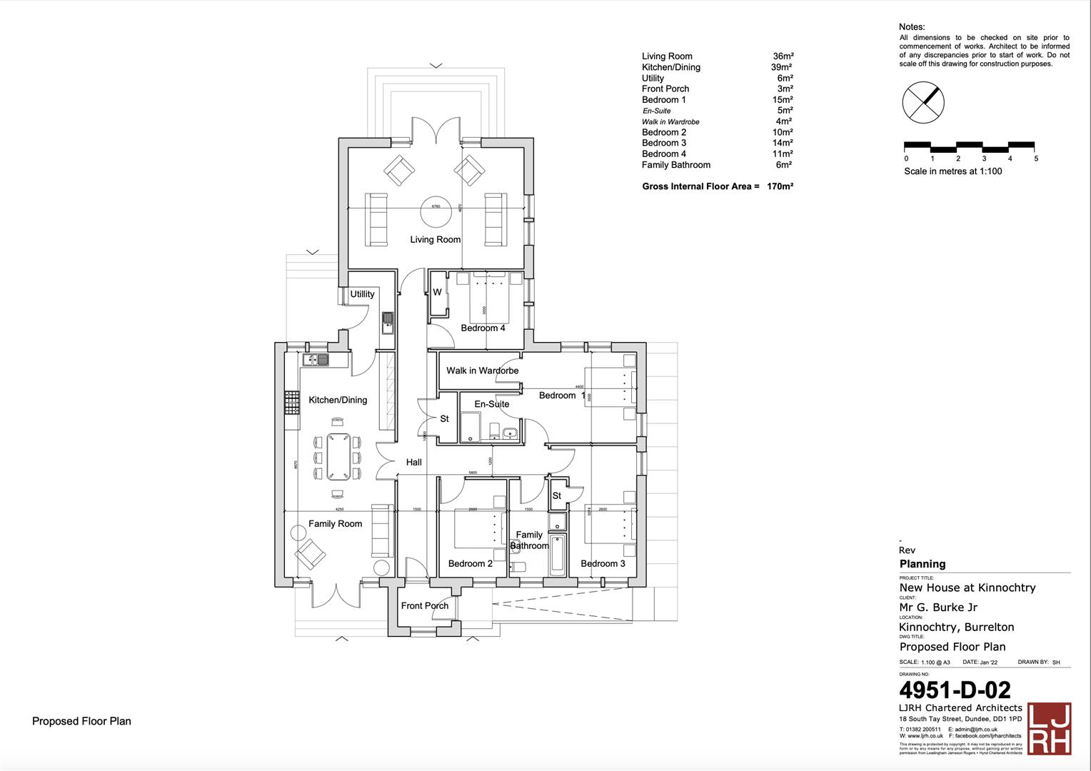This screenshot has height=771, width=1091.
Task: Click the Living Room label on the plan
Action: click(435, 240)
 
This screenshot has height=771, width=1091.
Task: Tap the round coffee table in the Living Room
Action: click(436, 206)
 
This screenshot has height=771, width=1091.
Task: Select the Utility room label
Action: click(362, 294)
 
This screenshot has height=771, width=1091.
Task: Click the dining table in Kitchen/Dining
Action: click(338, 457)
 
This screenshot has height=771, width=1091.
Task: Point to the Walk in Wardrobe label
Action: click(482, 371)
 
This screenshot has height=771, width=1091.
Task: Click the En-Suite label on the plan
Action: click(492, 404)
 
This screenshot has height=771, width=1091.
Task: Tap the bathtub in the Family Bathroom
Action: click(558, 555)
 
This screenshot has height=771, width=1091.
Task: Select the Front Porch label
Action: click(425, 606)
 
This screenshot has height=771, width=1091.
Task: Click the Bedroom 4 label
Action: click(483, 328)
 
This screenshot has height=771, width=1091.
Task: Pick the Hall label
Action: click(414, 463)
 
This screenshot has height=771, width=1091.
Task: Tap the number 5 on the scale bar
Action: click(1036, 159)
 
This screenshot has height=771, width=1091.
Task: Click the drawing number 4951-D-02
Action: click(955, 690)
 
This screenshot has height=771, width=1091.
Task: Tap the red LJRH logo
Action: click(1049, 728)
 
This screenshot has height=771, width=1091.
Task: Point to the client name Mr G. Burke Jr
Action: click(938, 608)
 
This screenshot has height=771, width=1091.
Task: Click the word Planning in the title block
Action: click(922, 564)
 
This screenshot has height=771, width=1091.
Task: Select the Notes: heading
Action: click(912, 27)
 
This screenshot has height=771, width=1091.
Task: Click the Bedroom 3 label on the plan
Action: click(603, 564)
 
